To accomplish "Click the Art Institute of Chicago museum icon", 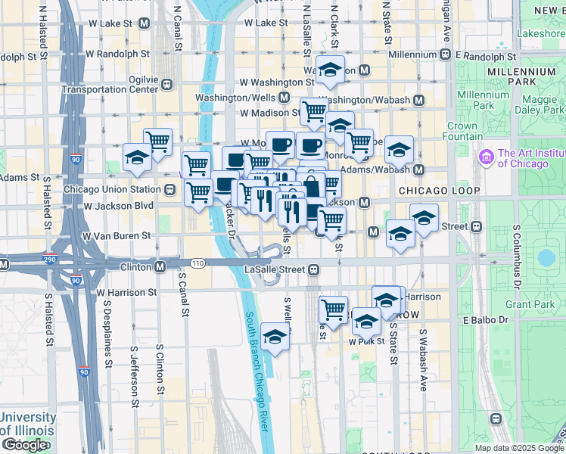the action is [x=486, y=157].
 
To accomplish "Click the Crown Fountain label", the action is [x=462, y=132].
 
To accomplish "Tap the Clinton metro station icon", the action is [x=160, y=267].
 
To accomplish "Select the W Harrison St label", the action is [x=126, y=291].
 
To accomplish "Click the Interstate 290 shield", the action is [x=5, y=265].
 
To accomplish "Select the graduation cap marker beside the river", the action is [x=275, y=337].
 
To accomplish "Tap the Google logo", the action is [x=24, y=445].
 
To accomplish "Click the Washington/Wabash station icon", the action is [x=418, y=100].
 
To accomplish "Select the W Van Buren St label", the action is [x=117, y=236].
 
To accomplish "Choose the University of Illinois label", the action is [x=28, y=424].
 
